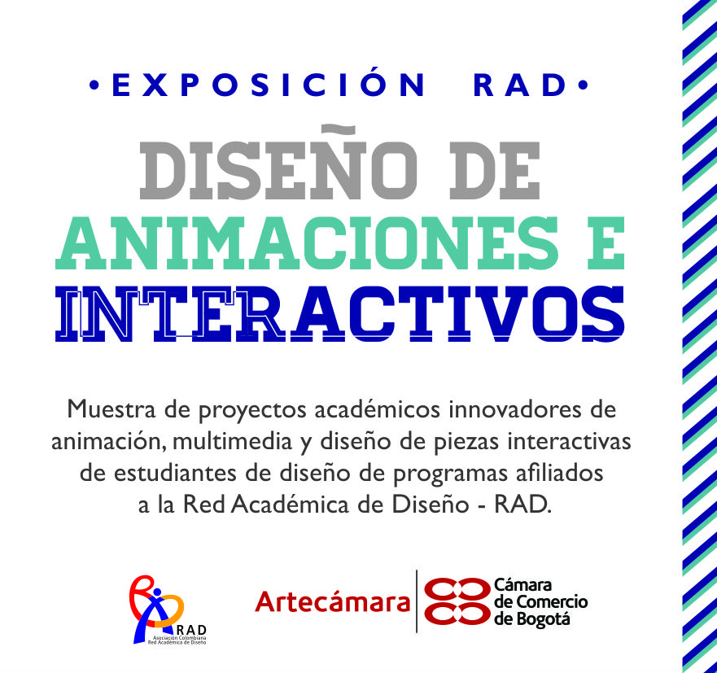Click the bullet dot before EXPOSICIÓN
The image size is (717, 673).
pyautogui.click(x=94, y=85)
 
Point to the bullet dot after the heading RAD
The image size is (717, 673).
pyautogui.click(x=583, y=85)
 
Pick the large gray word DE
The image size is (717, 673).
pyautogui.click(x=495, y=171)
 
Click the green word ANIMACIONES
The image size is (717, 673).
pyautogui.click(x=306, y=243)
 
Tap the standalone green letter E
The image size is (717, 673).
pyautogui.click(x=606, y=243)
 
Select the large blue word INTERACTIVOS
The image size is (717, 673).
pyautogui.click(x=339, y=313)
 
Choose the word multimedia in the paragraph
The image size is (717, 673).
pyautogui.click(x=232, y=442)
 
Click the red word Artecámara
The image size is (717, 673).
pyautogui.click(x=332, y=601)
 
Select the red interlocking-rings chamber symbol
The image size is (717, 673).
pyautogui.click(x=457, y=601)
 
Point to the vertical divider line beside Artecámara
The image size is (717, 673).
pyautogui.click(x=417, y=601)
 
